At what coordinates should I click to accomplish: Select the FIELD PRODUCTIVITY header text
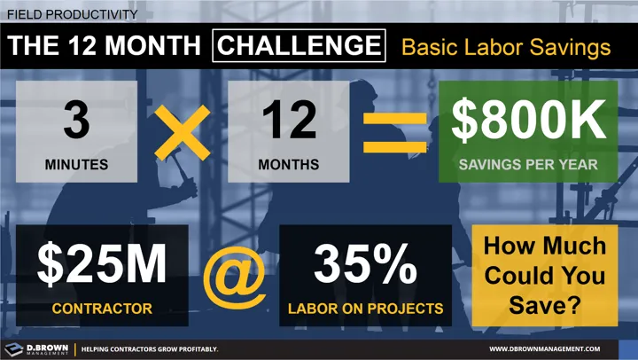click(72, 14)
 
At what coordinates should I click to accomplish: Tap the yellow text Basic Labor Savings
click(506, 46)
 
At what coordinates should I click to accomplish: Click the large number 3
click(77, 121)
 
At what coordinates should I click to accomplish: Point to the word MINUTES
click(76, 164)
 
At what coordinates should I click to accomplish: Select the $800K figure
click(528, 121)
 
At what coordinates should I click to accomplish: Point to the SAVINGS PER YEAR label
click(528, 164)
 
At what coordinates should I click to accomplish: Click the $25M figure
click(102, 264)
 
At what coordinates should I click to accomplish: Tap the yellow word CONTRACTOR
click(102, 309)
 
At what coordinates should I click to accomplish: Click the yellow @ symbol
click(234, 278)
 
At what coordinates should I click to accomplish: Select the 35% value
click(365, 264)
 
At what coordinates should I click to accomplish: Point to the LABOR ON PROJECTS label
click(364, 309)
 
